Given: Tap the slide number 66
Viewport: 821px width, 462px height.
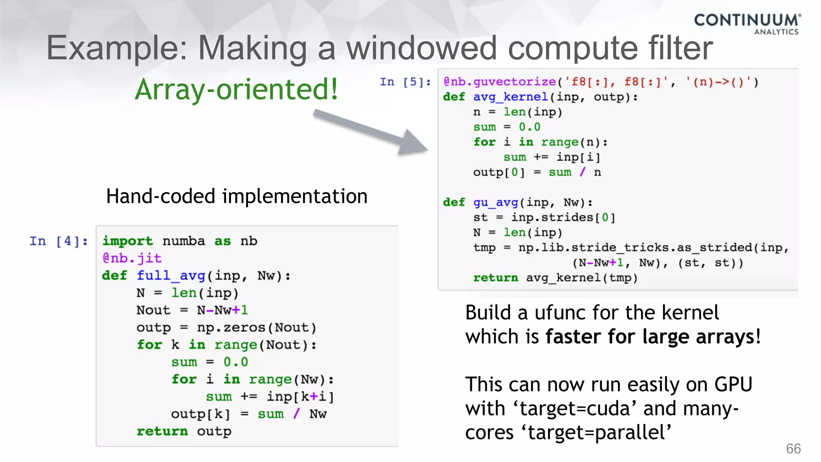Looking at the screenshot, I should (793, 448).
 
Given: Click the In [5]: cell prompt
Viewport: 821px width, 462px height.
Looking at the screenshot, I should (405, 82).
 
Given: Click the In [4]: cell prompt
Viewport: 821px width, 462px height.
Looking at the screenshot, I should (59, 241).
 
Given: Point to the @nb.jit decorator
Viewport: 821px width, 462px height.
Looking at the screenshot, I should (132, 258).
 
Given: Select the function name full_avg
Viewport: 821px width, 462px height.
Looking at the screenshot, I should (171, 276).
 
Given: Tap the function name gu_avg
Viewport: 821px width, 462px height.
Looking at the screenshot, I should (495, 202).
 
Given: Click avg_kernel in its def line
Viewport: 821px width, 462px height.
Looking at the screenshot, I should (510, 97).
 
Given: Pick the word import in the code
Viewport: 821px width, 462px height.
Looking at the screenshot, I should (127, 241).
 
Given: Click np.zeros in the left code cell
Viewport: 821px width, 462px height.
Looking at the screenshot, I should (231, 328).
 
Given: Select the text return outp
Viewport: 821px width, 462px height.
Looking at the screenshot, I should (184, 432).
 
